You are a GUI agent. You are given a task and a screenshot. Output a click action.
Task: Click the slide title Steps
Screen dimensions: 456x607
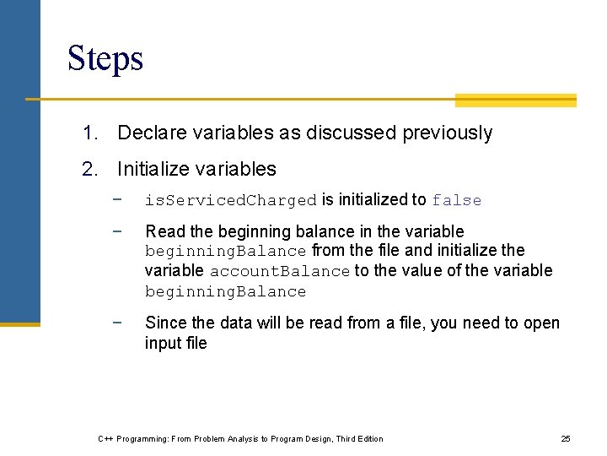(x=105, y=58)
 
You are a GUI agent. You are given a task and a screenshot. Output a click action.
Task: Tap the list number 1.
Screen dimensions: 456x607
(x=89, y=133)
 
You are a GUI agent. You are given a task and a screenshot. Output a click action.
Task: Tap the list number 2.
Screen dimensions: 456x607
(x=89, y=170)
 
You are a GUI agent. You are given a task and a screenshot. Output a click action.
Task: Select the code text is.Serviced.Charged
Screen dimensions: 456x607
(x=230, y=201)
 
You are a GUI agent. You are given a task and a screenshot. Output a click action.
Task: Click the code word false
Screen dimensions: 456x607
(x=456, y=201)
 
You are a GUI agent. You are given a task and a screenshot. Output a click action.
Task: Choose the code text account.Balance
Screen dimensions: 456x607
(x=279, y=272)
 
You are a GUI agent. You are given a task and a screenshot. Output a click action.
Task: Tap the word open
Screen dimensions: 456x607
(x=539, y=323)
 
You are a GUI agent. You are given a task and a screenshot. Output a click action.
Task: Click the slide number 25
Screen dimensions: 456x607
(x=566, y=439)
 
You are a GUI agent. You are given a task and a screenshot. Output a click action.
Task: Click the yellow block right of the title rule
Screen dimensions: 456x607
(x=515, y=100)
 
